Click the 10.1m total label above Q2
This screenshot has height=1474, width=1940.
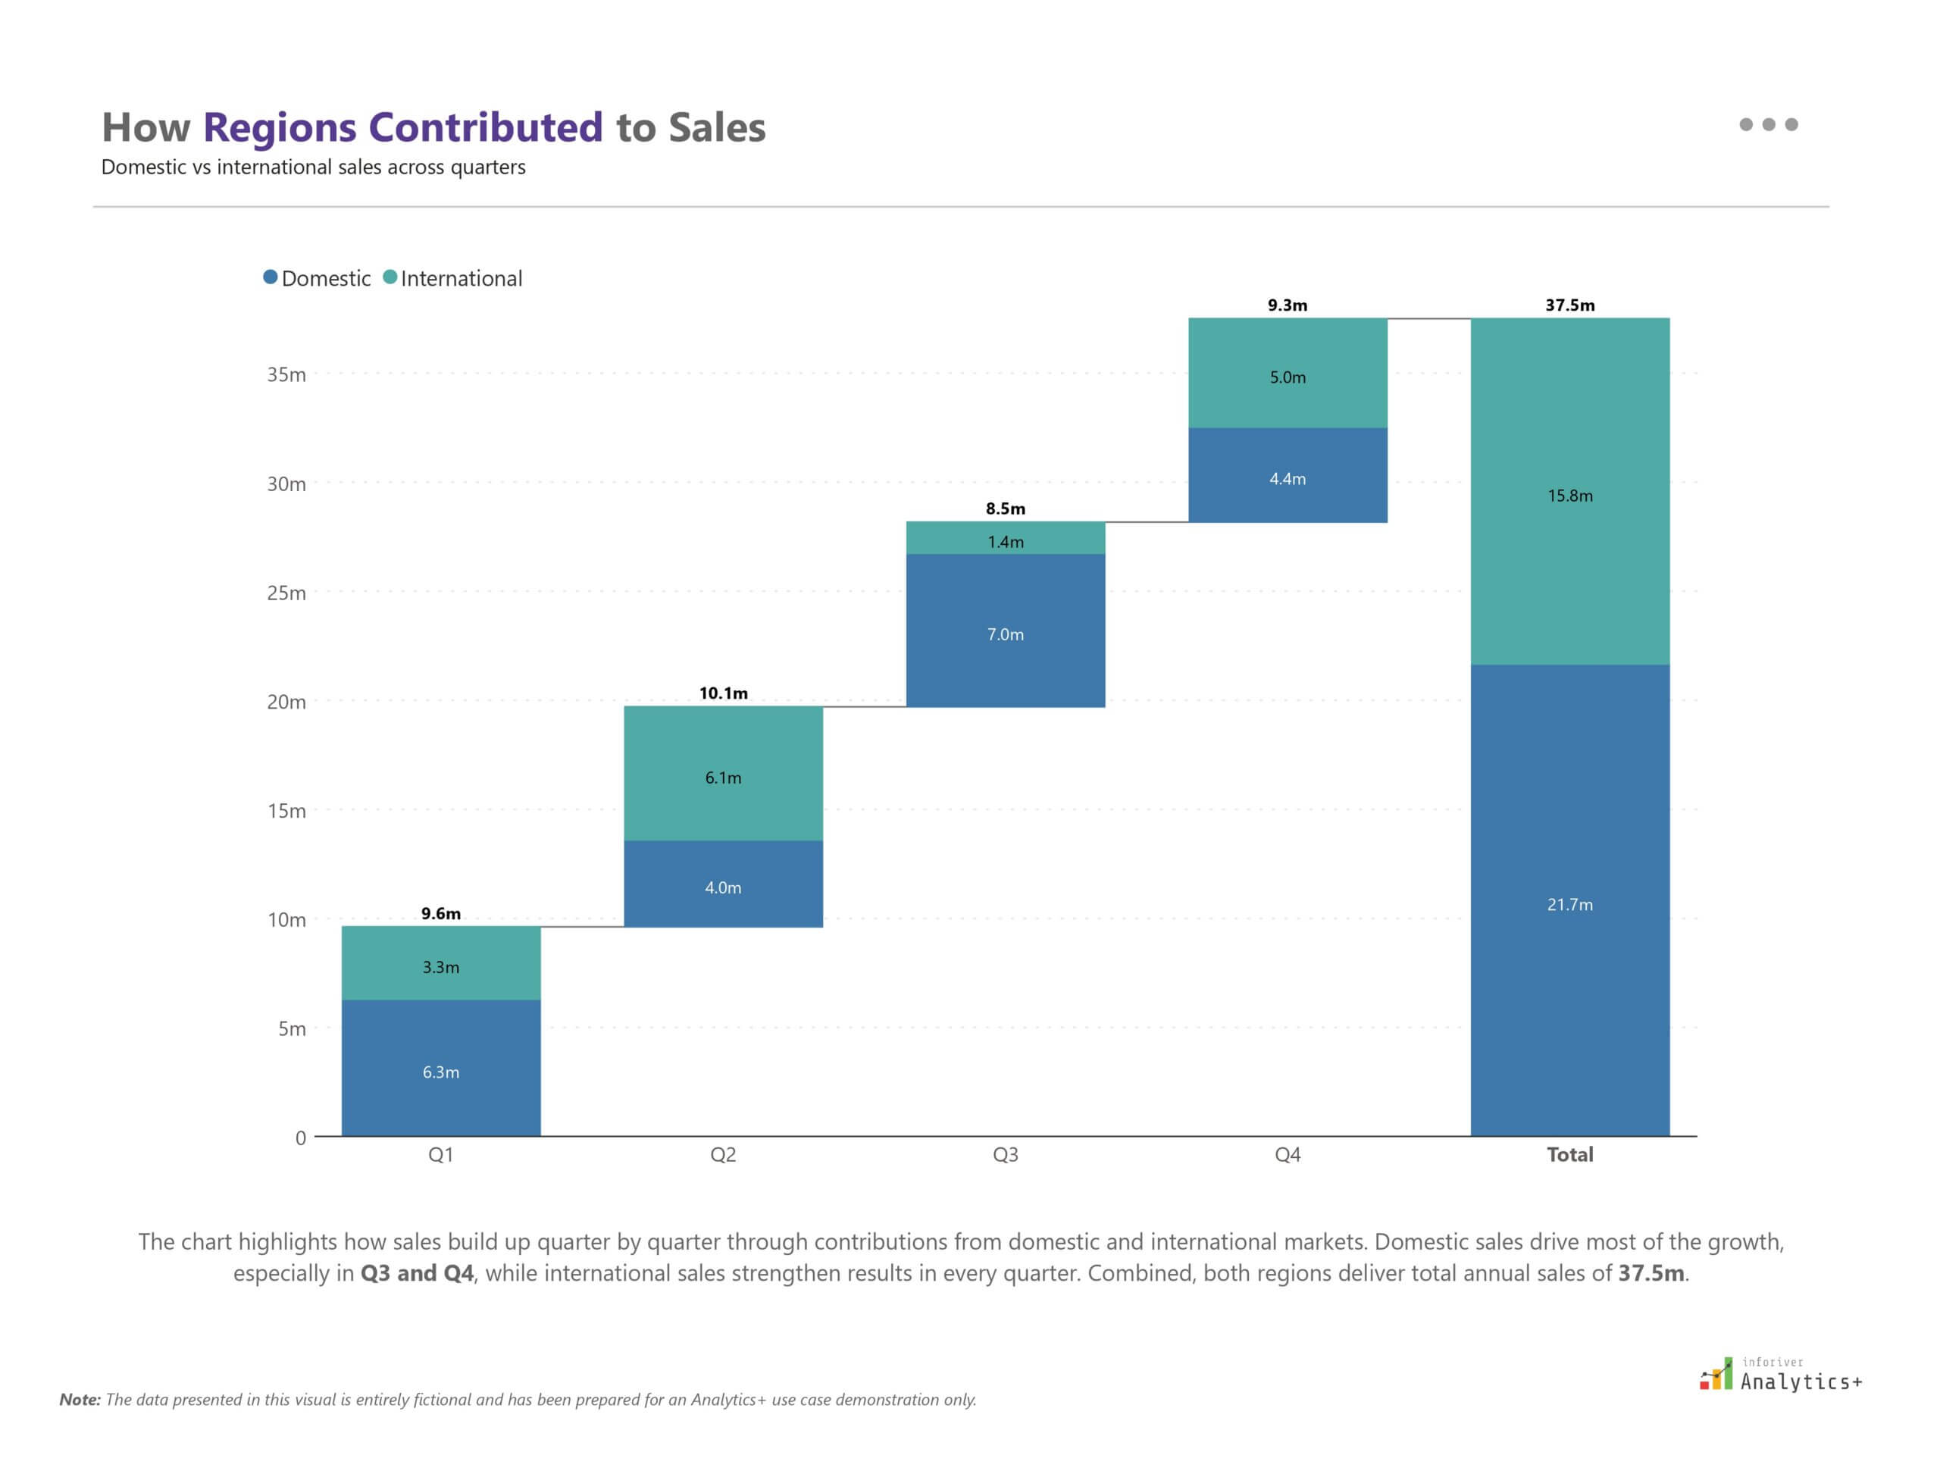(x=723, y=693)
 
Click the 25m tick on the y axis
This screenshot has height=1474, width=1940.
(x=286, y=593)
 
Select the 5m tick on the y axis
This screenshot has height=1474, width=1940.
(x=291, y=1028)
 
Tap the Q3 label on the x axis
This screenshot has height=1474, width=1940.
(x=1005, y=1155)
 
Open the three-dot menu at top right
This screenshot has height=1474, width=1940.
(x=1768, y=124)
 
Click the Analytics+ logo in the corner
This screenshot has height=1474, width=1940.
(x=1780, y=1375)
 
